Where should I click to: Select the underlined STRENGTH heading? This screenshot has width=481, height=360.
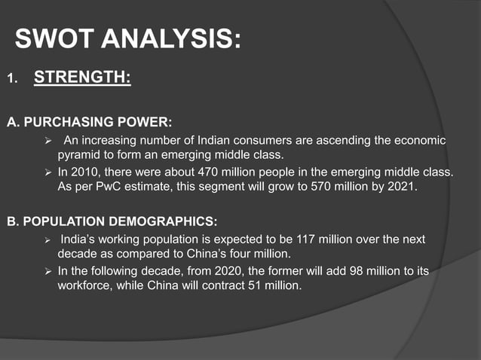tap(83, 78)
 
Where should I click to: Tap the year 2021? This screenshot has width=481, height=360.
tap(400, 187)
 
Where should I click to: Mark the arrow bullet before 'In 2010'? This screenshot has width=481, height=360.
tap(48, 172)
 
